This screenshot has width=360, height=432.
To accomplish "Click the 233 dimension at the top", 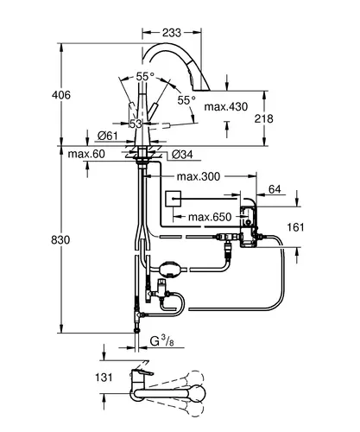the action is (172, 33).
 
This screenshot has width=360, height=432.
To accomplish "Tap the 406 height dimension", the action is (61, 95).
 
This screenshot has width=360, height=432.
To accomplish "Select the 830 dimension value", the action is (60, 239).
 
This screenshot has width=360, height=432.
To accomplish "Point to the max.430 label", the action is (226, 107).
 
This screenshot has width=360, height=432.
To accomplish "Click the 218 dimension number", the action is (263, 118).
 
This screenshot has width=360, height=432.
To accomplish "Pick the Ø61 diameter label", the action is (107, 136).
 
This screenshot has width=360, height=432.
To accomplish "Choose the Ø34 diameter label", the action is (182, 155).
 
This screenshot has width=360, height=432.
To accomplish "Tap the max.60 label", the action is (86, 154).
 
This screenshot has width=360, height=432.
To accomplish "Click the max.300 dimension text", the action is (199, 176).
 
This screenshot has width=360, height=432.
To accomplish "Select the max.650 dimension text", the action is (210, 217).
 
